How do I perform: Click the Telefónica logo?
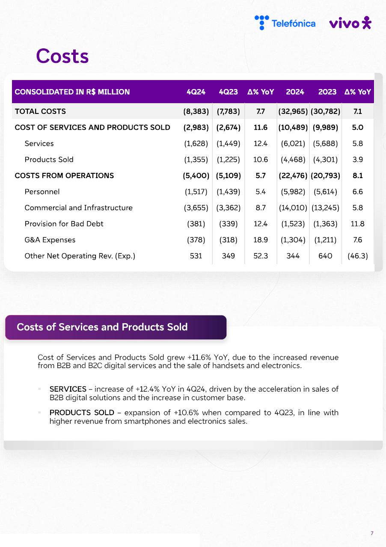pyautogui.click(x=285, y=23)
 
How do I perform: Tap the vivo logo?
pyautogui.click(x=350, y=23)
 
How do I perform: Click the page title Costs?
pyautogui.click(x=62, y=56)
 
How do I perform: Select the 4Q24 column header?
pyautogui.click(x=196, y=92)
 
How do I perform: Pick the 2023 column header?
pyautogui.click(x=327, y=92)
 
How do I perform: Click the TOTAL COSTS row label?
pyautogui.click(x=40, y=111)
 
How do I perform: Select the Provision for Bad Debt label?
pyautogui.click(x=64, y=223)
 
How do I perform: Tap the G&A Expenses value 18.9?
pyautogui.click(x=261, y=240)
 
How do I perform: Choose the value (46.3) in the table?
pyautogui.click(x=358, y=256)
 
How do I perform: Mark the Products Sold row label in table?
pyautogui.click(x=49, y=159)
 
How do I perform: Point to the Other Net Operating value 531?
pyautogui.click(x=196, y=256)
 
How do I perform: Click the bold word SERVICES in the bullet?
pyautogui.click(x=68, y=389)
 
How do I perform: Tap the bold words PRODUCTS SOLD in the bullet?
pyautogui.click(x=82, y=413)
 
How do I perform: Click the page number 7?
pyautogui.click(x=372, y=533)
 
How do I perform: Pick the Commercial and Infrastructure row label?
pyautogui.click(x=78, y=208)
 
